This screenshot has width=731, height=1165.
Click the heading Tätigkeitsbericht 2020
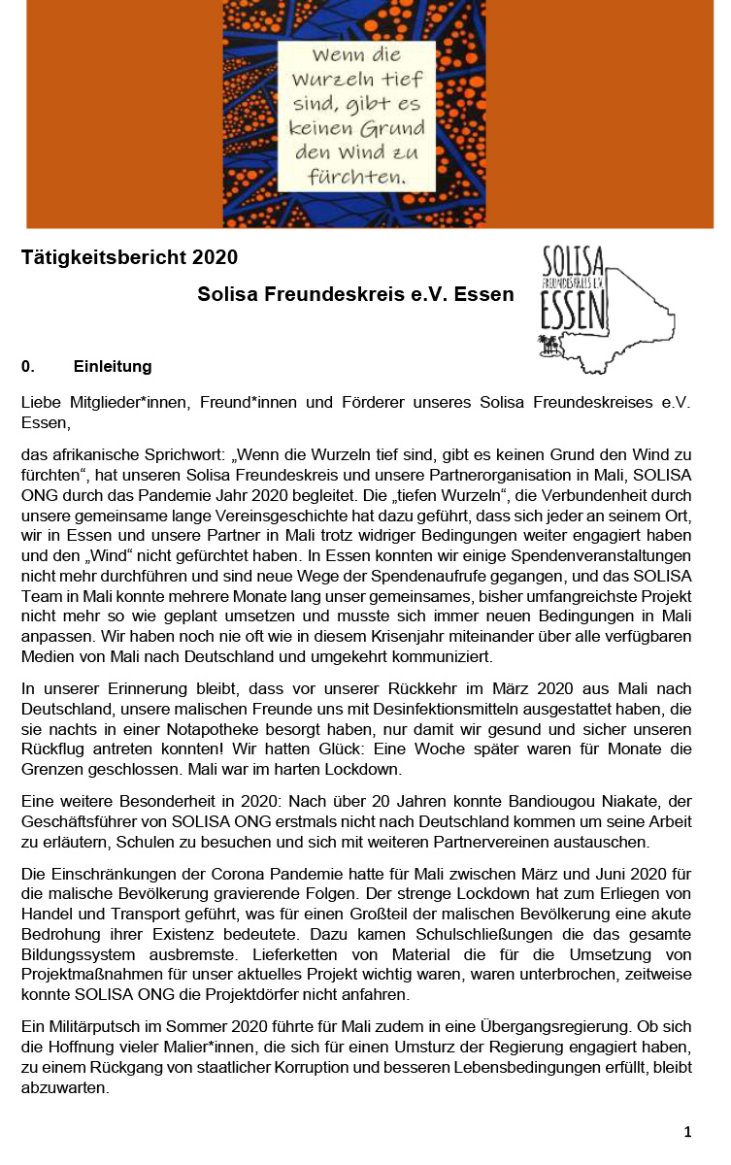(x=129, y=257)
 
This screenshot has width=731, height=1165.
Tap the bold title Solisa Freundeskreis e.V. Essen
(x=355, y=293)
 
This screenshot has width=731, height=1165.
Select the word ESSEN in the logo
(x=573, y=312)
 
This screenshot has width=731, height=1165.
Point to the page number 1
(x=687, y=1131)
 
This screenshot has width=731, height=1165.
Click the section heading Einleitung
(x=113, y=367)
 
